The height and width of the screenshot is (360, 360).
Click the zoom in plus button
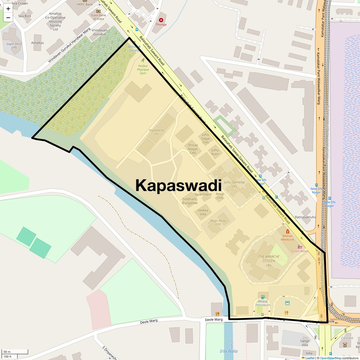point(8,9)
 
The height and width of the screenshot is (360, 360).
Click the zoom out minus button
point(8,18)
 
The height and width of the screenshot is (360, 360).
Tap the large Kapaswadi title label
point(178,185)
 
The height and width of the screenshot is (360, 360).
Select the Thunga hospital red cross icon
point(161,20)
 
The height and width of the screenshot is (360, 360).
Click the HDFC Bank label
point(85,4)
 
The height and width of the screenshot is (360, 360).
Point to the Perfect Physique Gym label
point(143,70)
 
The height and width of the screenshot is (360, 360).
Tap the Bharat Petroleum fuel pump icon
point(263,297)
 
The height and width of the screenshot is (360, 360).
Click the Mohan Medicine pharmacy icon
point(287,231)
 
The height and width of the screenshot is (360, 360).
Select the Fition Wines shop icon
point(300,247)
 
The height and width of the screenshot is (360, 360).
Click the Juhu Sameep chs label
point(234,184)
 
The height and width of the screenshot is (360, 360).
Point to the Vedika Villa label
point(203,212)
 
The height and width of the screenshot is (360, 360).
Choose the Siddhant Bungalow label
point(190,201)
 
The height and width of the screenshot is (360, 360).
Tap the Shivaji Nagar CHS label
point(193,149)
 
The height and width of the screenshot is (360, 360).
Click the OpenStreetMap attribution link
point(330,358)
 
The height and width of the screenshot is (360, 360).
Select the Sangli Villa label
point(305,343)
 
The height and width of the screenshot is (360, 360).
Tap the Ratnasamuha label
point(305,217)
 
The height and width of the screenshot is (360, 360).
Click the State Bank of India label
point(98,17)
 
